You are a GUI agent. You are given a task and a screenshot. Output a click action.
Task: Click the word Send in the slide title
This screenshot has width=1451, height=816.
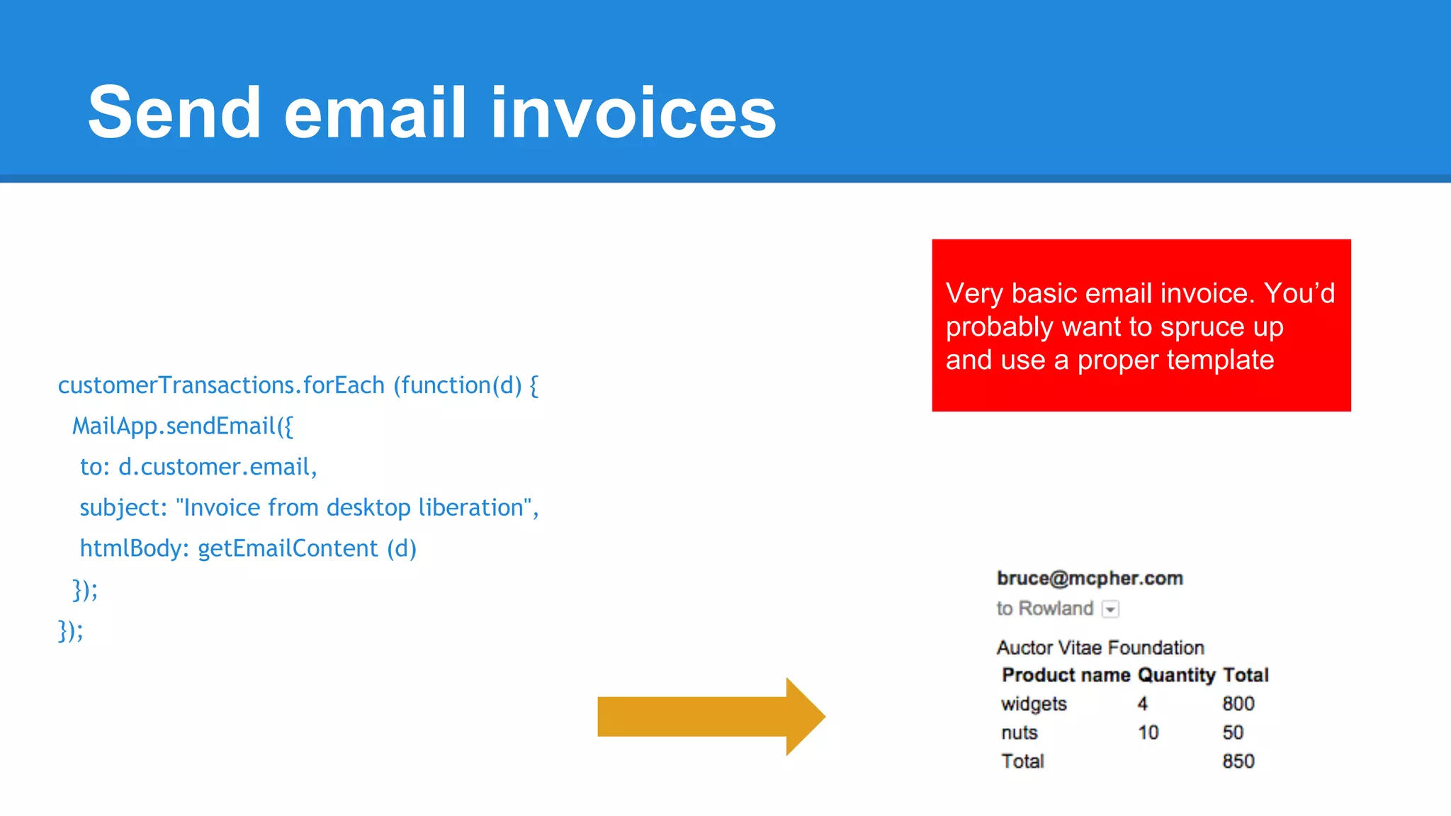tap(174, 113)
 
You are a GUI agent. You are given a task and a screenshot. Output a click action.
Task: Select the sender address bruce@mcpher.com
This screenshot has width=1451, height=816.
tap(1090, 579)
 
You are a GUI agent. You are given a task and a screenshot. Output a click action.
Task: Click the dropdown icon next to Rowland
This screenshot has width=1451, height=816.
tap(1111, 609)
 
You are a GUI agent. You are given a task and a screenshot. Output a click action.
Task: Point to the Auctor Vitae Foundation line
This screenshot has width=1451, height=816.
tap(1100, 647)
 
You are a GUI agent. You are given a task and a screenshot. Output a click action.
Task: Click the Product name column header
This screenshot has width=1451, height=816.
tap(1066, 675)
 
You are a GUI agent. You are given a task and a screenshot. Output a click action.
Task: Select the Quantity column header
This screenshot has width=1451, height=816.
tap(1176, 675)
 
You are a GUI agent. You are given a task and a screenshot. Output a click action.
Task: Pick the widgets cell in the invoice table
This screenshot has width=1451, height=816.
tap(1034, 704)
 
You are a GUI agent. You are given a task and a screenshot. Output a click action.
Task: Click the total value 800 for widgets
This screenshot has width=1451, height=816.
tap(1238, 704)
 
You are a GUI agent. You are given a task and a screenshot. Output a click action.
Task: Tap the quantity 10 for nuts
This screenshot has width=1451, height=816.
tap(1148, 732)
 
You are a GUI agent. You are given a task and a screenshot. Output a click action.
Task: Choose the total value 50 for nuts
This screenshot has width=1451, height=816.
tap(1233, 732)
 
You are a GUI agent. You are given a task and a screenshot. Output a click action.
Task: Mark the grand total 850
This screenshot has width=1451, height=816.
tap(1238, 761)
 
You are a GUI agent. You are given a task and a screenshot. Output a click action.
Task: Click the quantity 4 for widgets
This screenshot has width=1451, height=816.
tap(1142, 704)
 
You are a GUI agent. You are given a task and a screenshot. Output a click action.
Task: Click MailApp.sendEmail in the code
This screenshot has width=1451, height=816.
tap(174, 426)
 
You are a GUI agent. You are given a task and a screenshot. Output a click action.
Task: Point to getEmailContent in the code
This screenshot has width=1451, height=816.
tap(288, 548)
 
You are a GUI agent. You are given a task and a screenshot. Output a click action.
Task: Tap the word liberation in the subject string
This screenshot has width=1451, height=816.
tap(470, 507)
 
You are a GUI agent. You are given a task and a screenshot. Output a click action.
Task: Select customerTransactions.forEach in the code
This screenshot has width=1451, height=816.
tap(221, 385)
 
